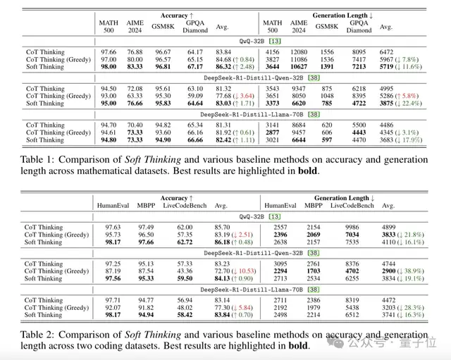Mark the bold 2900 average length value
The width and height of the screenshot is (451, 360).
coord(395,271)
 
